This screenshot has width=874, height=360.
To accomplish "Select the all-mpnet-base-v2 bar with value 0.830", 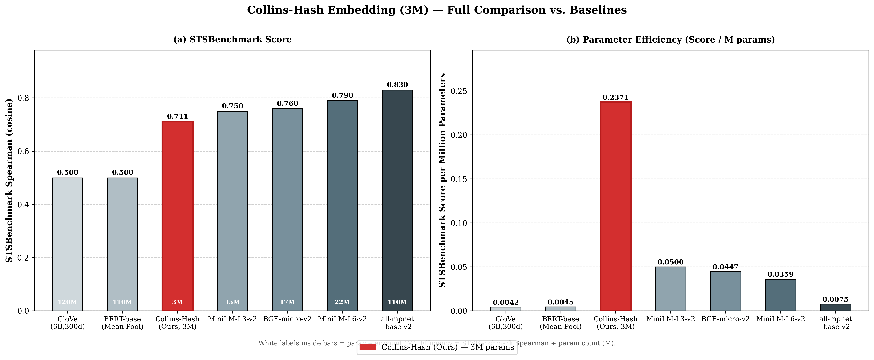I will [x=397, y=200].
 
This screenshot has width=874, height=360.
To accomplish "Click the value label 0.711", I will [x=177, y=116].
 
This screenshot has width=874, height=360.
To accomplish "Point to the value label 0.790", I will [x=342, y=95].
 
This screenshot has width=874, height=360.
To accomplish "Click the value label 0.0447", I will [x=725, y=267].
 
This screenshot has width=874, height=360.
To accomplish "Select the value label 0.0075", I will [x=835, y=299].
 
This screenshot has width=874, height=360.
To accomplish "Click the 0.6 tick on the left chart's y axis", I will [x=24, y=151].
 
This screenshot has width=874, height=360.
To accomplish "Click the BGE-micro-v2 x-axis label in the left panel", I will [x=287, y=319].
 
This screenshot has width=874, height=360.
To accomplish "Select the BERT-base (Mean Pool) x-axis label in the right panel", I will [x=560, y=323].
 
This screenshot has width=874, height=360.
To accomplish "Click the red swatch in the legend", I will [x=367, y=347].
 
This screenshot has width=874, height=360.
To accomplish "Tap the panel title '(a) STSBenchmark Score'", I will [x=232, y=39].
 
